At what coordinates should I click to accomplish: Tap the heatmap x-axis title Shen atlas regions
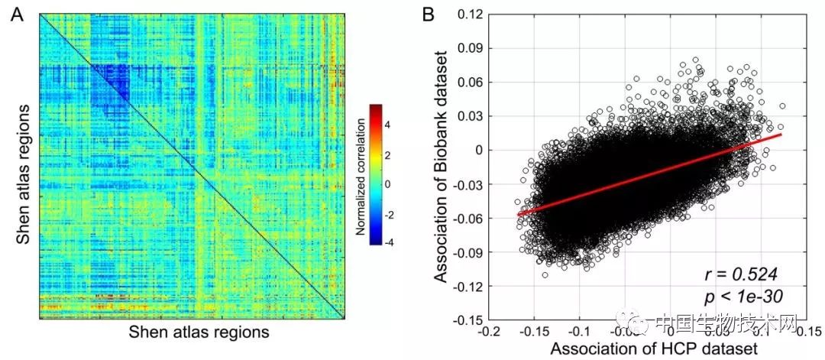199,332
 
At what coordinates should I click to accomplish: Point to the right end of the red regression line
781,135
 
